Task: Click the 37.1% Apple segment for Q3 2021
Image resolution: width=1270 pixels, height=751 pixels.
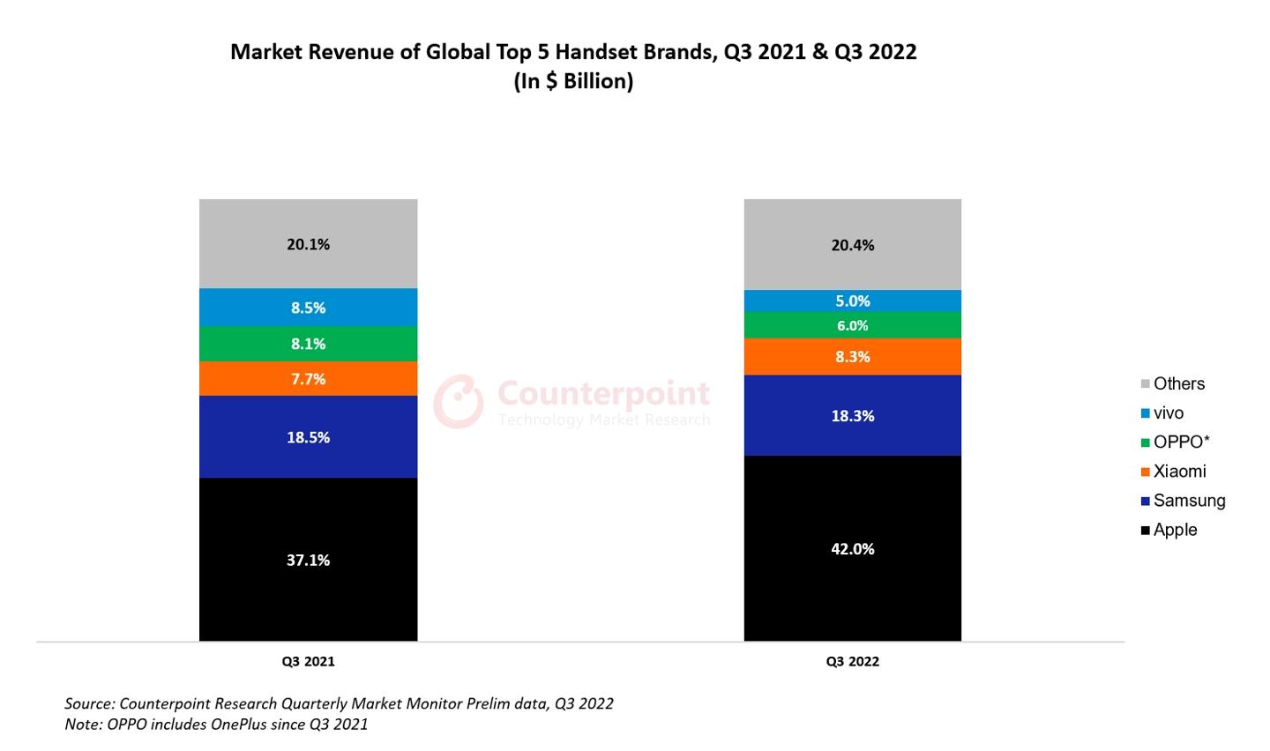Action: point(308,559)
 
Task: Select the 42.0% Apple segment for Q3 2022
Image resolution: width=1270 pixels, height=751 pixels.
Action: point(852,547)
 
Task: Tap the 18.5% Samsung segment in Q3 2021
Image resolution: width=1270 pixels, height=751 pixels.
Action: point(308,436)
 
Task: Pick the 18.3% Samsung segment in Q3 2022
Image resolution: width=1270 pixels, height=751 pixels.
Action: point(852,415)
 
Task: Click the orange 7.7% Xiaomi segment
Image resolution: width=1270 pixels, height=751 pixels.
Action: point(308,378)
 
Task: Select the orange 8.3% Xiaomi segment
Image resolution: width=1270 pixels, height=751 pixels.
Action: point(852,356)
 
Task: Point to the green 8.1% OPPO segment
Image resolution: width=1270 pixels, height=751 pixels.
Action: point(308,343)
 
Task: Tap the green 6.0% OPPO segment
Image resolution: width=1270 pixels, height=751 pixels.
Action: point(852,325)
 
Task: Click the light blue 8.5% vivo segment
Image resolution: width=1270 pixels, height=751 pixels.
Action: point(308,307)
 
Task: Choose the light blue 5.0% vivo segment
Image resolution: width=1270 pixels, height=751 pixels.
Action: point(852,301)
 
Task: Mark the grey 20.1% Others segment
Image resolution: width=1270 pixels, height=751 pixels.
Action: point(308,244)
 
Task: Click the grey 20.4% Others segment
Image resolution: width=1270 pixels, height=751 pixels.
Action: point(852,245)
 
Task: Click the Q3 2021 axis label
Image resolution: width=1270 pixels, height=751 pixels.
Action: point(308,661)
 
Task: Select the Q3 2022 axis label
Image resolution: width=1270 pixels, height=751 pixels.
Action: point(852,661)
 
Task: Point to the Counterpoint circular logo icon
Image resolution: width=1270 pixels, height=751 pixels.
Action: point(458,402)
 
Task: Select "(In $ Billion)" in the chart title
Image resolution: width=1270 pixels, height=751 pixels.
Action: point(573,81)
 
